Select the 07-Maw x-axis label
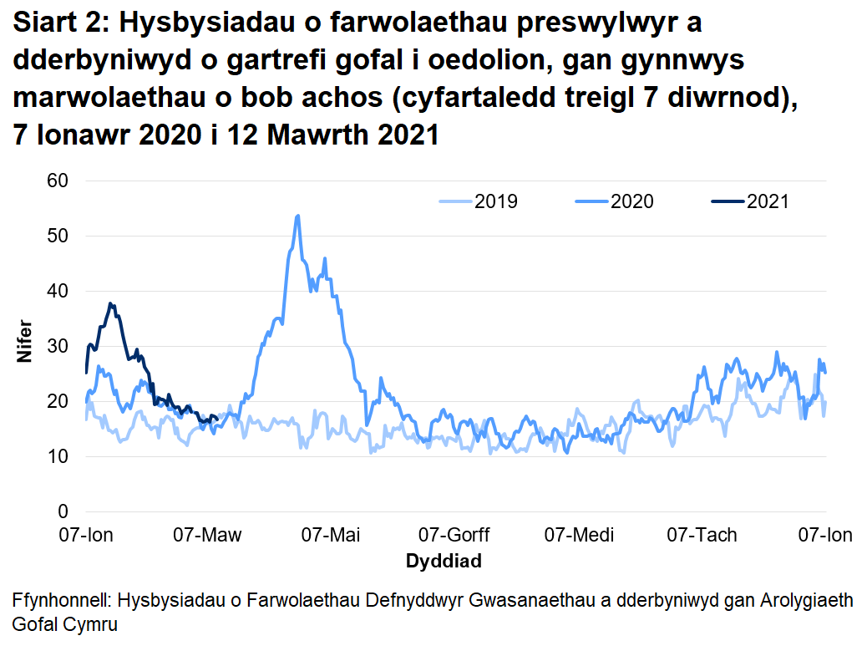[207, 535]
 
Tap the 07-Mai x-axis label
[331, 535]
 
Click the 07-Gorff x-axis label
[454, 535]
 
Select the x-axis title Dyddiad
[444, 561]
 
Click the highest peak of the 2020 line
[298, 216]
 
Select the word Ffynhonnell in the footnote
[59, 601]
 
